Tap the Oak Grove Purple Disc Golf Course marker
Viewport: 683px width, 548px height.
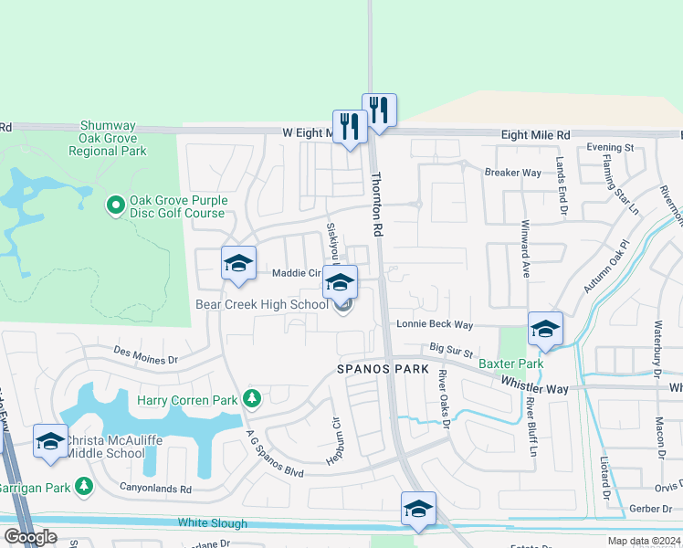[116, 206]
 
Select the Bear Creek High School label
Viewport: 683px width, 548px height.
[261, 304]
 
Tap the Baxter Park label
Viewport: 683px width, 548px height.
[511, 364]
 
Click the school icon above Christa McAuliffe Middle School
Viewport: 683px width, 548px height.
[50, 440]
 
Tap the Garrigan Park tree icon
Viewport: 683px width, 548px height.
[84, 486]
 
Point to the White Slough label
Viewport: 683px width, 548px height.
[213, 523]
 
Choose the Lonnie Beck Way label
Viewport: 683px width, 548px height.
[434, 324]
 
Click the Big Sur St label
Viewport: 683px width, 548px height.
[452, 349]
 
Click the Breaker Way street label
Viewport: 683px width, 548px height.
[513, 172]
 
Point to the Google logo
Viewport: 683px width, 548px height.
[29, 537]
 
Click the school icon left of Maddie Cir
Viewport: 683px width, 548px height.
[238, 264]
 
